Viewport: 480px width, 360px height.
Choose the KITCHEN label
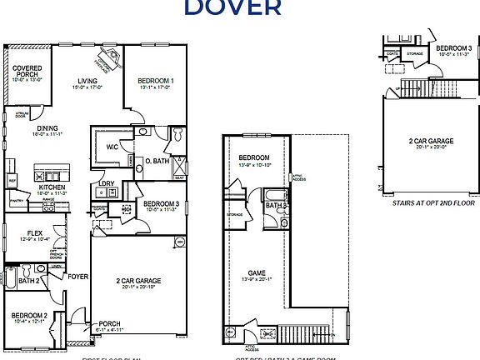52,187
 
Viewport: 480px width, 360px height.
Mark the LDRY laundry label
106,184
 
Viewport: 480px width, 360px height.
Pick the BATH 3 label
276,205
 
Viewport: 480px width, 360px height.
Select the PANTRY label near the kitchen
16,202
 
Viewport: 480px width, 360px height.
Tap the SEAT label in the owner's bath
178,177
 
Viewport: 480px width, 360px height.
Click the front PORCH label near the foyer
109,324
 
